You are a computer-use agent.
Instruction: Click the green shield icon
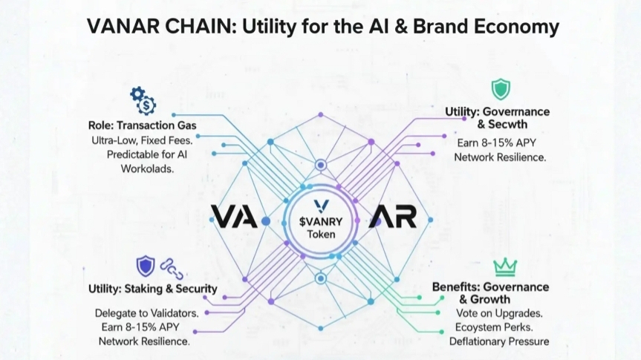click(501, 90)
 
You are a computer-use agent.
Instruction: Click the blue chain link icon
click(172, 267)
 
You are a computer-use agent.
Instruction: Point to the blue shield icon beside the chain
click(146, 266)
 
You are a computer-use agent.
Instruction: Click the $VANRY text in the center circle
click(321, 221)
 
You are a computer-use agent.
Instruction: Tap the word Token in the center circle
click(321, 235)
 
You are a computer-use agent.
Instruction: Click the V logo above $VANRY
click(321, 206)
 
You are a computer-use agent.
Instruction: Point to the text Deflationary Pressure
click(499, 341)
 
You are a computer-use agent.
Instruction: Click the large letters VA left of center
click(235, 217)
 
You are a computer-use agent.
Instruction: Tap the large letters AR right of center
click(394, 217)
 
